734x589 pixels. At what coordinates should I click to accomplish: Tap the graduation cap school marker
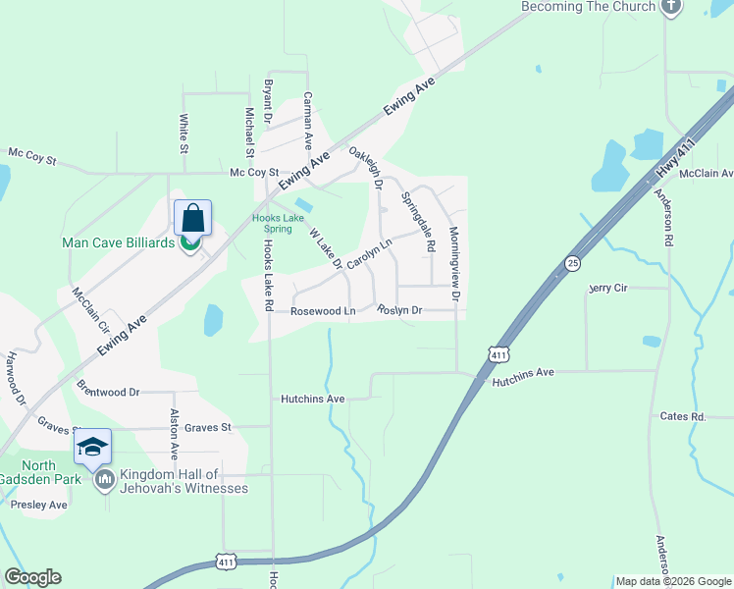(93, 448)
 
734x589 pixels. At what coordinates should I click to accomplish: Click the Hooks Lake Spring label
(273, 223)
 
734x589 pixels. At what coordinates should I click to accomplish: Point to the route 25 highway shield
(572, 262)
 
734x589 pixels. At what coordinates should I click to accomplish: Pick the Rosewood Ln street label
(323, 311)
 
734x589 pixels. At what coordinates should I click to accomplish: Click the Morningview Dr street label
(454, 262)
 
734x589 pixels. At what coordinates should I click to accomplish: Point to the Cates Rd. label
(683, 416)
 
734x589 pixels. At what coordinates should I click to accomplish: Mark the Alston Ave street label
(175, 433)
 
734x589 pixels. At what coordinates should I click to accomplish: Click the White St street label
(183, 134)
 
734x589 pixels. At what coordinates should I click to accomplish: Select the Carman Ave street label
(308, 120)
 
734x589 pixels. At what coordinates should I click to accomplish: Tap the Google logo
(32, 577)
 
